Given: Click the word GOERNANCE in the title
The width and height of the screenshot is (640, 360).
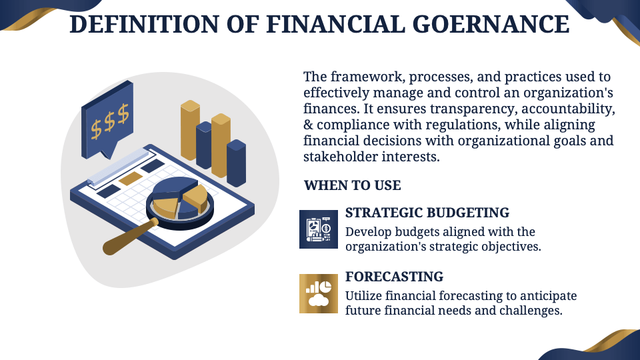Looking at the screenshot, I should (x=495, y=24).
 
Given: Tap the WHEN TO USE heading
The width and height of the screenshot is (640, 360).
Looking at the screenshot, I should (x=352, y=185).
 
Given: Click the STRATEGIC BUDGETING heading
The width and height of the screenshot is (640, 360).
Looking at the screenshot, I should (x=427, y=213).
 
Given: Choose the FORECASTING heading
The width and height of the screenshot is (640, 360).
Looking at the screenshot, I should (x=394, y=276).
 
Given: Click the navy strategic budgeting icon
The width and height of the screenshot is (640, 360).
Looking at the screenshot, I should (x=319, y=229).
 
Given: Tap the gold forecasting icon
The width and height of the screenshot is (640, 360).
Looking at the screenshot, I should (x=319, y=293).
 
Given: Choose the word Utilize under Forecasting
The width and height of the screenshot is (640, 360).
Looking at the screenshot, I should (x=365, y=295).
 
